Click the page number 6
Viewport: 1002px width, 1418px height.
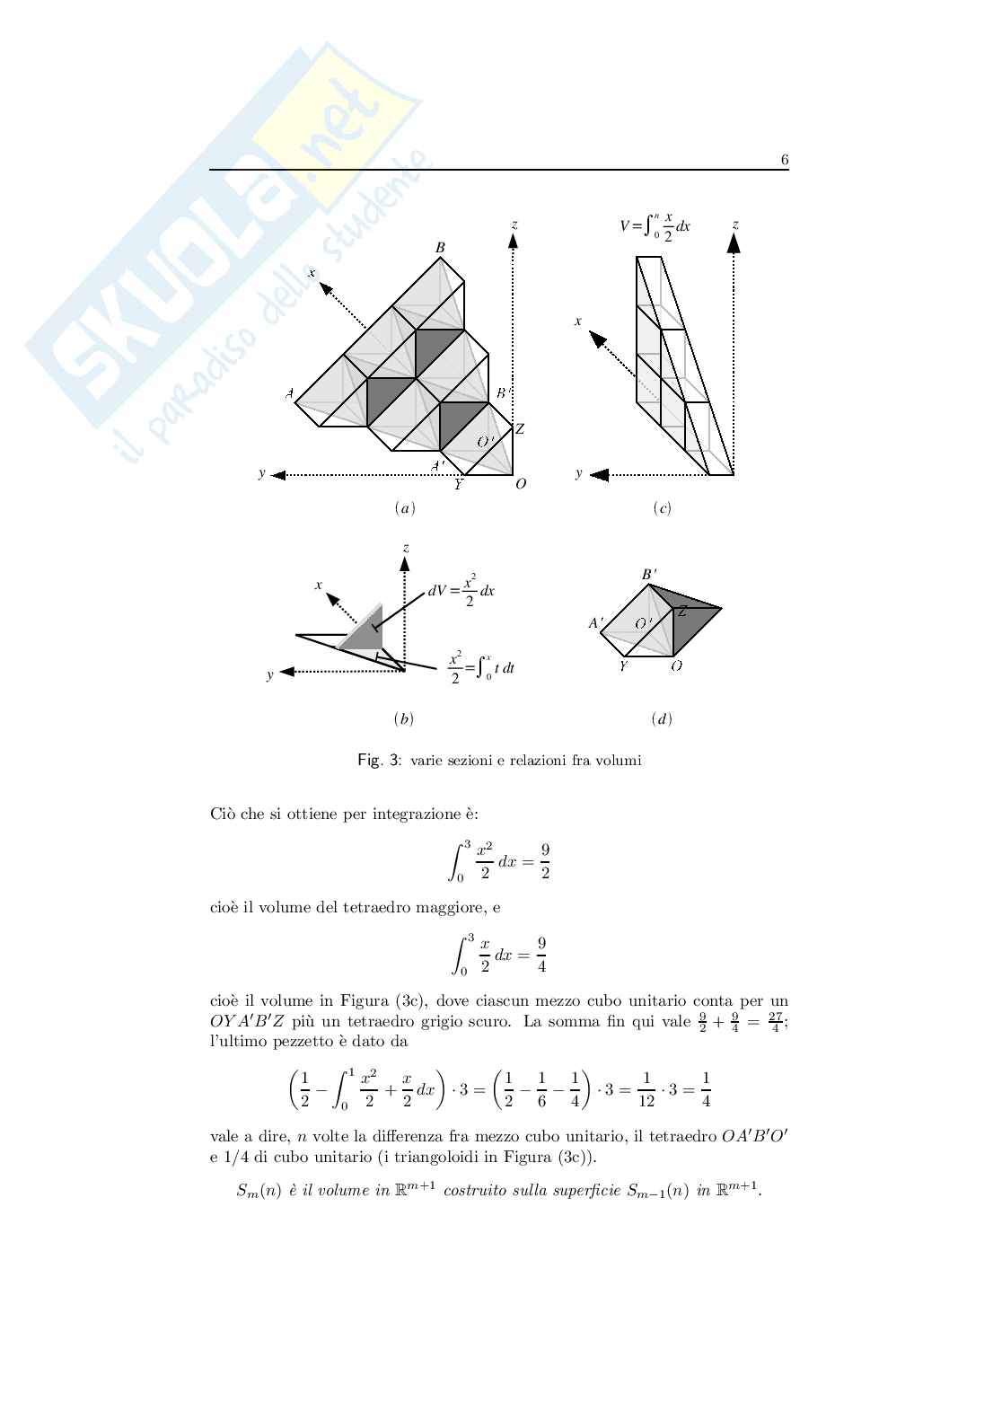[784, 160]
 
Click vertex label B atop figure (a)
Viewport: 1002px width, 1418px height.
[440, 247]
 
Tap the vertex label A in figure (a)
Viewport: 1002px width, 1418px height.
[289, 393]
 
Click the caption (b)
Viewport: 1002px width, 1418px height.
[403, 718]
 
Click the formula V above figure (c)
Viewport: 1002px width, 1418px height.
[655, 225]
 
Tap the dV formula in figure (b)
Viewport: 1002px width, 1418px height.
[461, 593]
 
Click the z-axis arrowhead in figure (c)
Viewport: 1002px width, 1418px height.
[734, 242]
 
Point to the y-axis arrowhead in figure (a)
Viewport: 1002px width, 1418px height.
[278, 474]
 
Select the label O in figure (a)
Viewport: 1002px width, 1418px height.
[521, 484]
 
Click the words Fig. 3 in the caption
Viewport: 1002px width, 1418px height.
[379, 761]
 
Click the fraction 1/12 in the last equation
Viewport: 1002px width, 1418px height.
[646, 1091]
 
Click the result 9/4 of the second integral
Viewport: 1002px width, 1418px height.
[541, 955]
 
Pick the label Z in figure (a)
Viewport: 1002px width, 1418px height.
[519, 430]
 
